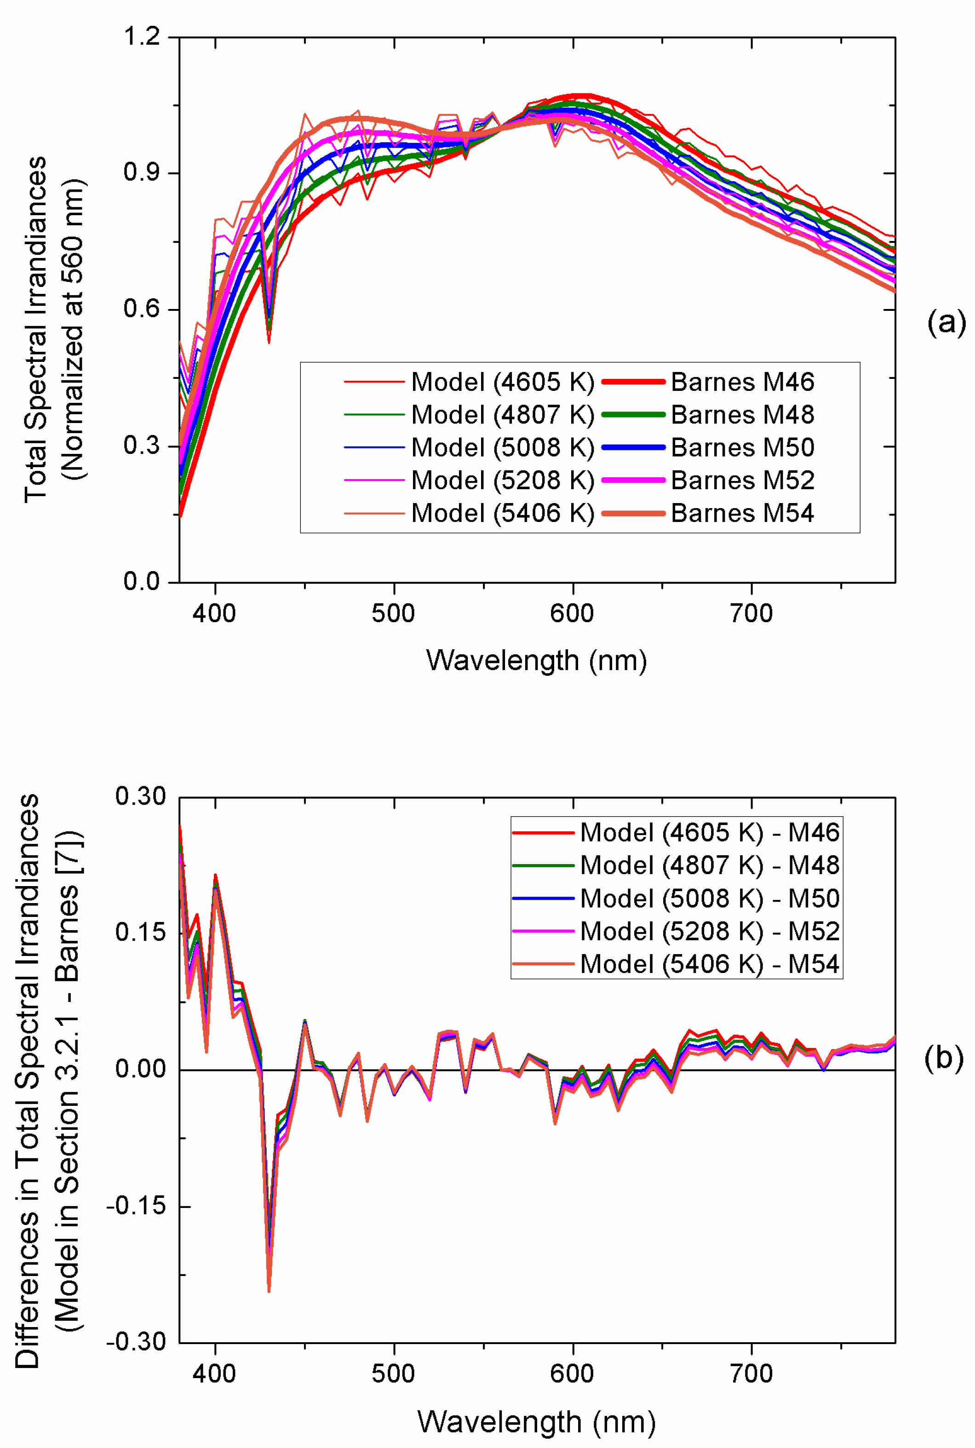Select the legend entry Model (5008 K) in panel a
502,447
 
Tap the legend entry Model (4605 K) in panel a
502,382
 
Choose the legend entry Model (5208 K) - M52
709,931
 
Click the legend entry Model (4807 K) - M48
709,865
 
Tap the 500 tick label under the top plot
393,614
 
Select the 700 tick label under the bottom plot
751,1374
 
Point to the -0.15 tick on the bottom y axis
139,1206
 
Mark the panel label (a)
946,323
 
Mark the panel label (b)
943,1057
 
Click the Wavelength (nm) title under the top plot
536,660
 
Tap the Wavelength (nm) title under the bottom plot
536,1421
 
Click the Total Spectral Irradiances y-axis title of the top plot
36,330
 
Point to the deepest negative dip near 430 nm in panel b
269,1291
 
